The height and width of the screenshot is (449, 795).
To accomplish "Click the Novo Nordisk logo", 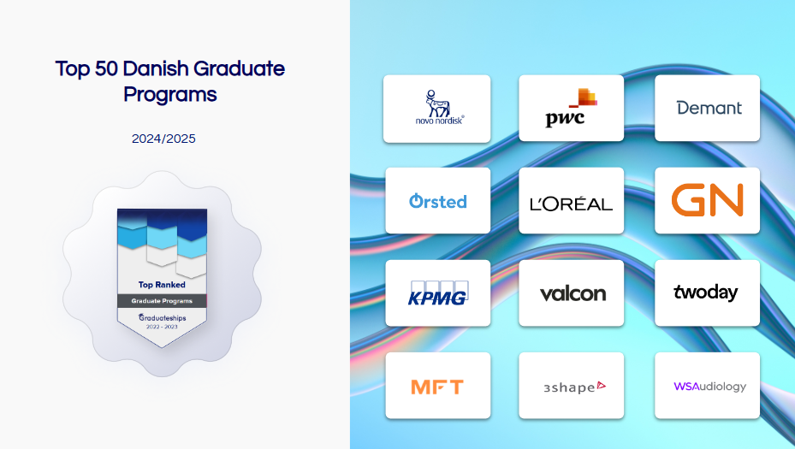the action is point(439,107).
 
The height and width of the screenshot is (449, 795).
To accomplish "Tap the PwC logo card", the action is point(571,108).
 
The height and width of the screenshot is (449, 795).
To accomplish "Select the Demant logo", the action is point(709,108).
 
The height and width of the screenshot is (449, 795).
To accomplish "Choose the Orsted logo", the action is point(437,201).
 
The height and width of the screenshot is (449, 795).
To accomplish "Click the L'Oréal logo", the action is point(571,204).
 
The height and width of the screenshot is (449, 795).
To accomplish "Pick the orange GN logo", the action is point(708,200).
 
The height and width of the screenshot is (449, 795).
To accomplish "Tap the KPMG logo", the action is point(438,293).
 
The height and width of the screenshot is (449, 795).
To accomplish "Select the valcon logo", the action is point(573,293).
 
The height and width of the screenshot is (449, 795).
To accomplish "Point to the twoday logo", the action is point(705,292).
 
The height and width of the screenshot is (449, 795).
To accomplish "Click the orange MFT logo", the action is point(437,387).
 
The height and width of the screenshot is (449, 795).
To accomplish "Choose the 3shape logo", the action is point(574,387).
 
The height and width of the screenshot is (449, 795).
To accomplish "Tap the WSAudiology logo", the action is point(709,387).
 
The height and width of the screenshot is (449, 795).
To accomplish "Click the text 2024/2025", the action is point(163,139).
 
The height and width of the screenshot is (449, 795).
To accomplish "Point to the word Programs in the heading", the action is point(170,95).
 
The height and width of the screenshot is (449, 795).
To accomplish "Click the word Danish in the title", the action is point(156,68).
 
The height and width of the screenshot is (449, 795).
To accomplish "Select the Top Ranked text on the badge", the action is point(162,285).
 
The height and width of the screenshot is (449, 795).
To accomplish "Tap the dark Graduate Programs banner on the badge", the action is point(163,301).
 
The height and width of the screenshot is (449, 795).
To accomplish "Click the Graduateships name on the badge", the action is point(163,318).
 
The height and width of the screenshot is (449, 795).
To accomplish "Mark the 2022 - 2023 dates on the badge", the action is point(163,327).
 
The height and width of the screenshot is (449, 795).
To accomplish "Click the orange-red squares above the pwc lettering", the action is point(584,97).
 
